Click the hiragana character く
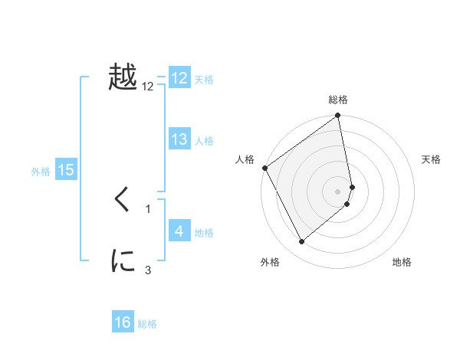pos(123,201)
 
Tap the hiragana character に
pos(123,262)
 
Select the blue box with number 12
pos(179,78)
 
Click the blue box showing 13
pos(179,139)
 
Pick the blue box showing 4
pos(179,231)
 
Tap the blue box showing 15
pos(66,170)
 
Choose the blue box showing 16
pos(123,322)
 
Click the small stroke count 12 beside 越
pos(148,87)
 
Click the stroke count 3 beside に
pos(148,269)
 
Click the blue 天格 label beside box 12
pos(204,80)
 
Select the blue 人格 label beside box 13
pos(204,141)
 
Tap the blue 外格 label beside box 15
pos(41,172)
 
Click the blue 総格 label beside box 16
pos(147,324)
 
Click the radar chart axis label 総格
pos(338,100)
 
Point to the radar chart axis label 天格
pos(432,159)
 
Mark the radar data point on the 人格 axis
pos(264,168)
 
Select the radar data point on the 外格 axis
pos(301,241)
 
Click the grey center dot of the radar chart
pos(338,191)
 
